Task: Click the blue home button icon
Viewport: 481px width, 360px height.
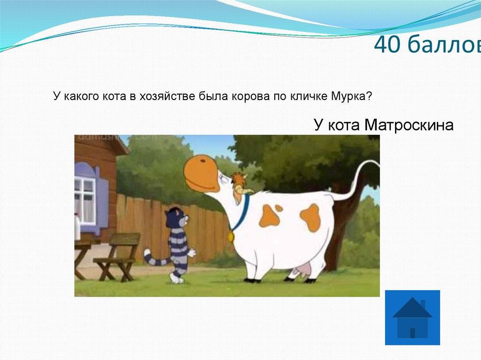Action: click(412, 317)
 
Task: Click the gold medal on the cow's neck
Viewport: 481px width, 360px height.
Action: click(231, 236)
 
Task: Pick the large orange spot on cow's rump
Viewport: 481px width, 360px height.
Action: click(310, 217)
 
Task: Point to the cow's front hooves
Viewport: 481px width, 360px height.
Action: click(251, 280)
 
